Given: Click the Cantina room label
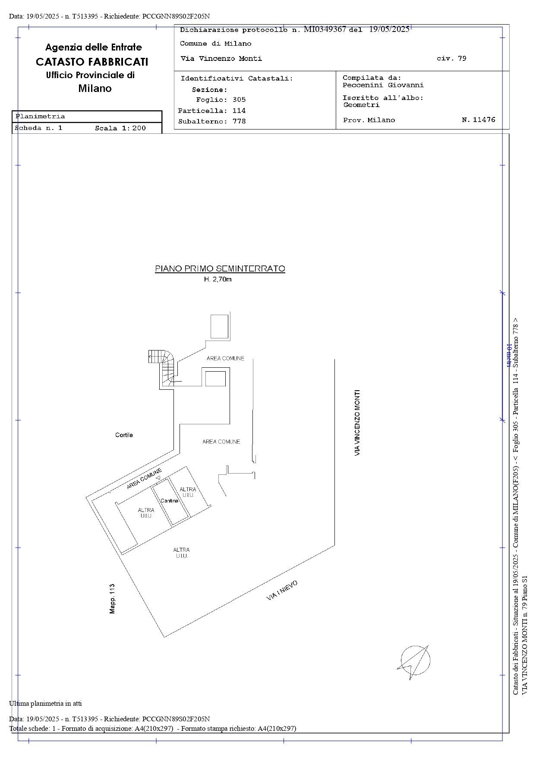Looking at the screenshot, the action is pos(169,501).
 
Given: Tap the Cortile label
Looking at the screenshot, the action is pos(124,435).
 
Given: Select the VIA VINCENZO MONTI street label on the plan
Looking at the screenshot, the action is pos(357,423).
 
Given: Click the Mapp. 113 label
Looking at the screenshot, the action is pos(112,599).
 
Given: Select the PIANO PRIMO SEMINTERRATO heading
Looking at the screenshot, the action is pos(220,269).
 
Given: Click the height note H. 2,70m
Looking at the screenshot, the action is pos(218,279).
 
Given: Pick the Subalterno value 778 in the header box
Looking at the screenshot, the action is pos(239,121).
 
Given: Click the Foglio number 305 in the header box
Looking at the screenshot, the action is pos(239,100).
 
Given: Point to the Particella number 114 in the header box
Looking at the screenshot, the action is pos(239,111).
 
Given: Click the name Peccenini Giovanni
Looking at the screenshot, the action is pos(383,85).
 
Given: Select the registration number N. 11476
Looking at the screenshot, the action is pos(479,120).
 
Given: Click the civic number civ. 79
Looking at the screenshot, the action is pos(451,58).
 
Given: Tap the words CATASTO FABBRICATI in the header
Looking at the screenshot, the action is pos(92,62).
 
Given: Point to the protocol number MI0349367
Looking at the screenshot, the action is pos(325,29).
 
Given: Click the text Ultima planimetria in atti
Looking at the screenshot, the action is pos(45,704).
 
